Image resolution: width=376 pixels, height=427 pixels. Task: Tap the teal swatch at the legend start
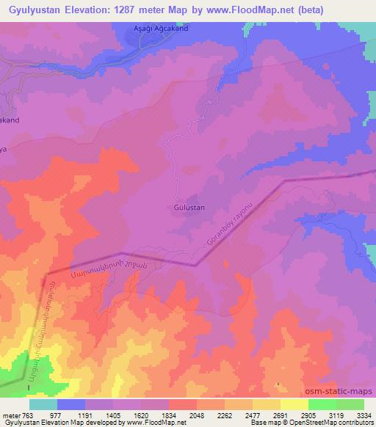click(43, 404)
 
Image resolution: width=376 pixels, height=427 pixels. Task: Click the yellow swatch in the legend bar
click(294, 404)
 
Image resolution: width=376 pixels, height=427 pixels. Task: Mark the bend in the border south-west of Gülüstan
click(195, 264)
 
